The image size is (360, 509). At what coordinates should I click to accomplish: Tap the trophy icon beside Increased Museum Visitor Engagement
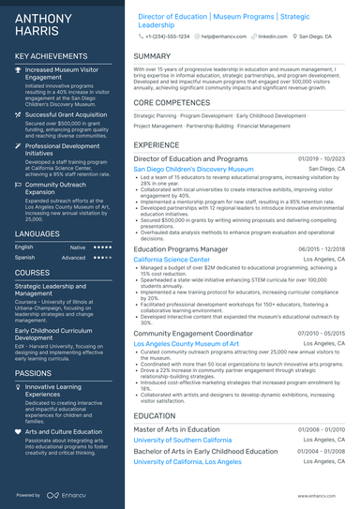click(19, 69)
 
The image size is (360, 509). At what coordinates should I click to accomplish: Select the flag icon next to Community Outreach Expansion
click(19, 186)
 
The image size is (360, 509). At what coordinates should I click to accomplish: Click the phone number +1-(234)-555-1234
click(168, 35)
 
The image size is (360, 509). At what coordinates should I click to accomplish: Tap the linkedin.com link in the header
click(273, 35)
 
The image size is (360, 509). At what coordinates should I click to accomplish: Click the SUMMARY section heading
click(152, 56)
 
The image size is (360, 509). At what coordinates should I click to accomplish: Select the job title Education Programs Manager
click(181, 249)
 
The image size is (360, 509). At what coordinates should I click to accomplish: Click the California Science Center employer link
click(172, 260)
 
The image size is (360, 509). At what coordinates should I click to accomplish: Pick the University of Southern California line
click(183, 439)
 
